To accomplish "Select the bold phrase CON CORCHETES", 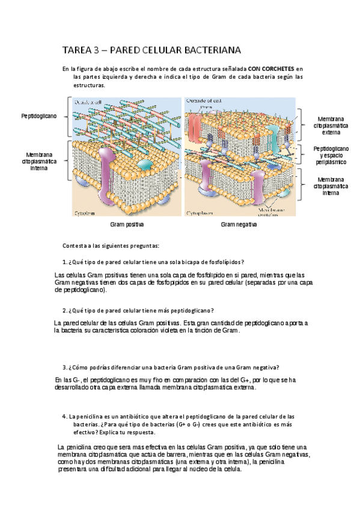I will point(272,69).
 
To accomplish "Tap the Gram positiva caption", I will point(126,224).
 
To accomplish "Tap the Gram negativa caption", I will point(239,224).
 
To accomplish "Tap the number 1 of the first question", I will point(64,262).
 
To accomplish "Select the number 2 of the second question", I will point(64,310).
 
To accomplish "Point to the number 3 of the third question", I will point(64,367).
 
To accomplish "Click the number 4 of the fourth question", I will point(64,416).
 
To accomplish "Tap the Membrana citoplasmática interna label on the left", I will point(39,161).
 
